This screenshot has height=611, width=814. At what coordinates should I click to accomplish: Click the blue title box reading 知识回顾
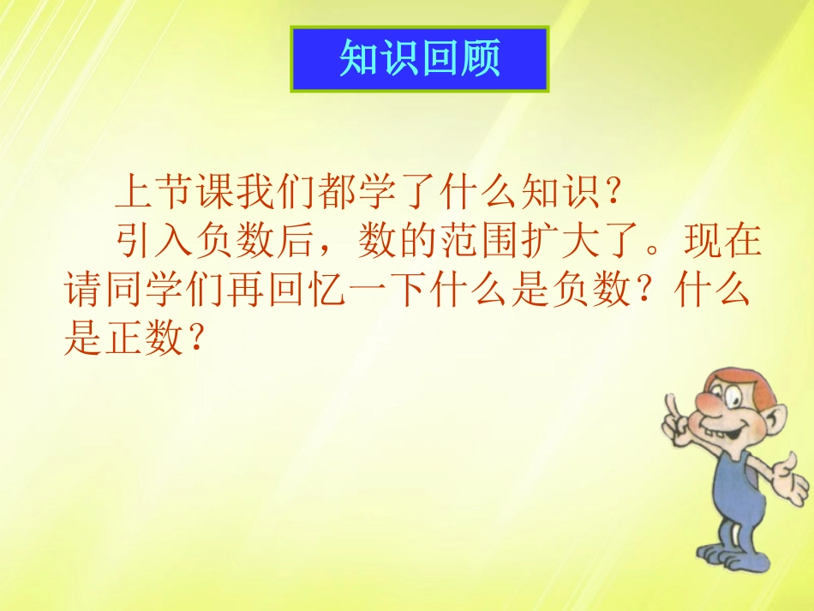[419, 58]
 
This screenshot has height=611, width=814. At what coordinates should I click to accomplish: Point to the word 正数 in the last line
[142, 340]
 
